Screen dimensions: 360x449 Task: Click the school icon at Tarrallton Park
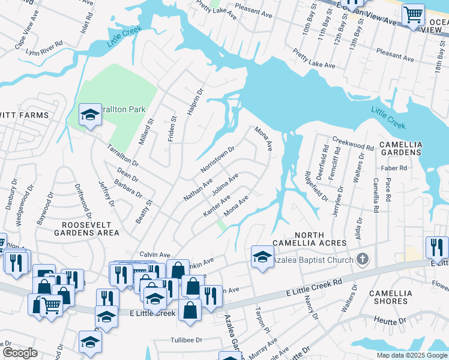(90, 114)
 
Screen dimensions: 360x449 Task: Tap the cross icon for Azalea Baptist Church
(362, 260)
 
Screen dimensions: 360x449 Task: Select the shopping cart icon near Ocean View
(413, 14)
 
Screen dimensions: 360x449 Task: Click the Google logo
(20, 353)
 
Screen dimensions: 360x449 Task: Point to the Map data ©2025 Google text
(411, 355)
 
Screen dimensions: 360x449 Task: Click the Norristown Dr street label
(217, 157)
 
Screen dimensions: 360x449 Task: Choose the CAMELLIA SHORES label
(391, 297)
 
